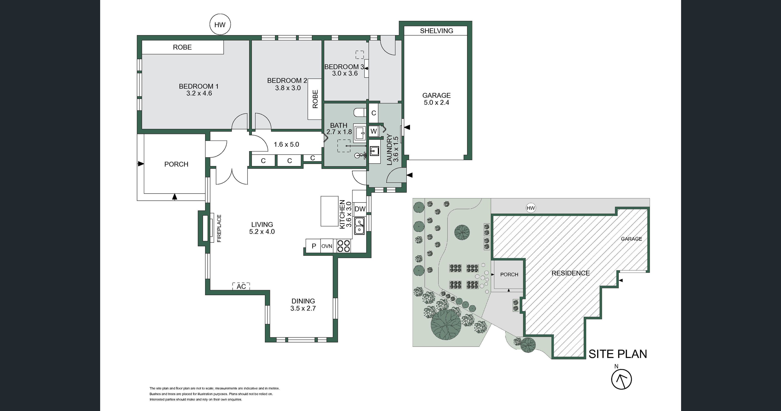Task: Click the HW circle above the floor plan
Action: pos(220,25)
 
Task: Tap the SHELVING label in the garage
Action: pos(436,31)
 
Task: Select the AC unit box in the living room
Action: pos(241,286)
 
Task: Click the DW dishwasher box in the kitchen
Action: pos(360,209)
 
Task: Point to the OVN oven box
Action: pos(327,246)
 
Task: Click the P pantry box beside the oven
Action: pos(314,246)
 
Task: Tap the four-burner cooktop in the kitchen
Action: pos(344,246)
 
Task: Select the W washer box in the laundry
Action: pos(374,131)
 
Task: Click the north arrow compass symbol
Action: pos(621,379)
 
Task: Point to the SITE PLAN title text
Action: pos(618,354)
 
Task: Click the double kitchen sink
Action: pos(360,226)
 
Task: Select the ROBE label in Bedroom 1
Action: pos(182,47)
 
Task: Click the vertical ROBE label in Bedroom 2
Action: pos(315,99)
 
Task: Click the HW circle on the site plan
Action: pos(531,208)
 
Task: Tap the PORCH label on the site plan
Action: pos(509,274)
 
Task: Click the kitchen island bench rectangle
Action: pos(329,211)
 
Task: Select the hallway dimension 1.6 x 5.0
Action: pos(286,144)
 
